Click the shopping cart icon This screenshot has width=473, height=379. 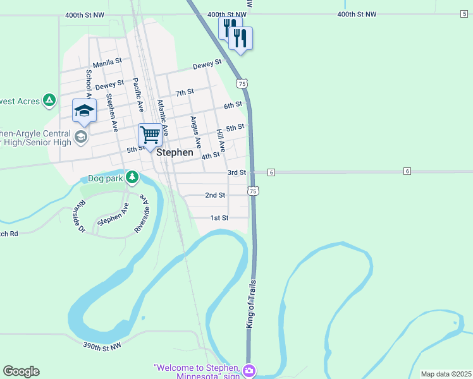[x=149, y=135]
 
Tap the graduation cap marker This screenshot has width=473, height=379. [x=84, y=111]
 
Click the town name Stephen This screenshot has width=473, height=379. [x=175, y=152]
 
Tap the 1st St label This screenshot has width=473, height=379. [x=219, y=218]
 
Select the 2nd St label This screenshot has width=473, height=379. [x=215, y=195]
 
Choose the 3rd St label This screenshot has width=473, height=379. [x=236, y=172]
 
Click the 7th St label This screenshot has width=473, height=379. [x=185, y=93]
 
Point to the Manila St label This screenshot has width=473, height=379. [x=106, y=64]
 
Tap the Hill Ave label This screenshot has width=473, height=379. [x=221, y=140]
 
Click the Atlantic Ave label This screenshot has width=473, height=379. [x=163, y=117]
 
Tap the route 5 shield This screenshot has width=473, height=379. [x=464, y=13]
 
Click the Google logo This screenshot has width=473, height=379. [x=21, y=371]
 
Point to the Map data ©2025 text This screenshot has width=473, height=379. [x=445, y=374]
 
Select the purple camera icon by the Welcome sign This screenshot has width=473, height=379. [x=249, y=370]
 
